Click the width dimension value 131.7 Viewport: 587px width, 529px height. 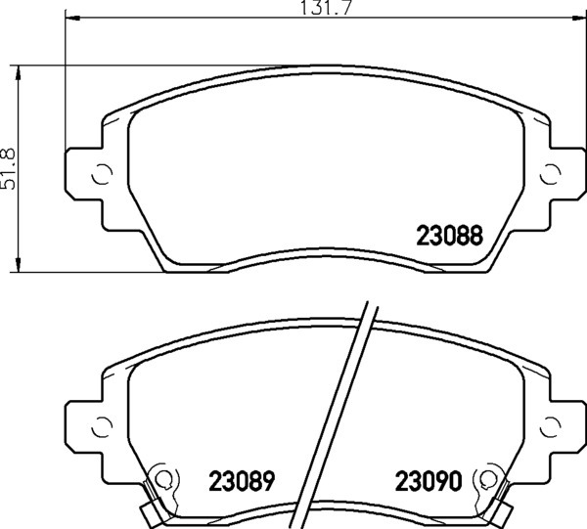click(327, 8)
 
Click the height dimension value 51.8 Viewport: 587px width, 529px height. click(8, 169)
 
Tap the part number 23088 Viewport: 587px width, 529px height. click(450, 236)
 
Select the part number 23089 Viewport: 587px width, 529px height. click(242, 480)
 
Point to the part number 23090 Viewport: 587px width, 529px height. click(429, 480)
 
